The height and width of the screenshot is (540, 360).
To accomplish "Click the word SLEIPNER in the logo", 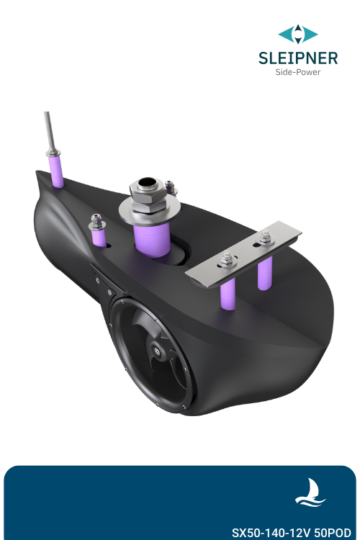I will [298, 58].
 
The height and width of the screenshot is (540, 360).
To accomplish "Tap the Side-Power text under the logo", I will [298, 73].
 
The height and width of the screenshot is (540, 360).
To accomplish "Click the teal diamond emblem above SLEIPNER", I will [298, 34].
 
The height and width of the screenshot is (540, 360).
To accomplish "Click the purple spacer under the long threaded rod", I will [57, 171].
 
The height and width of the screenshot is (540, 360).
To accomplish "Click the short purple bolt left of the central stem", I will [97, 235].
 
